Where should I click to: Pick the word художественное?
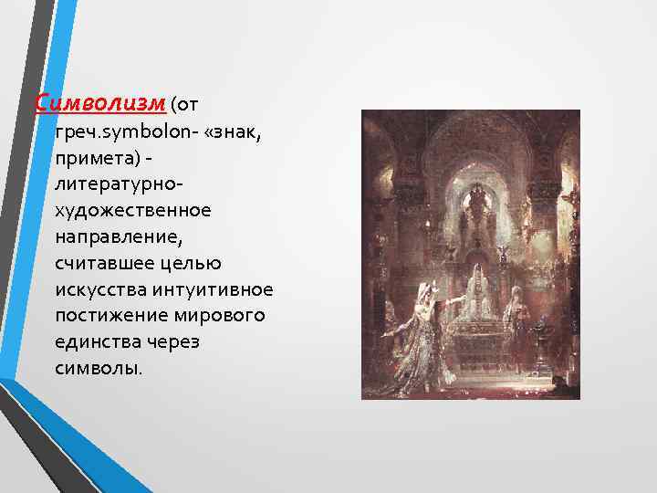point(132,212)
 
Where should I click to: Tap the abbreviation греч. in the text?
point(74,134)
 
